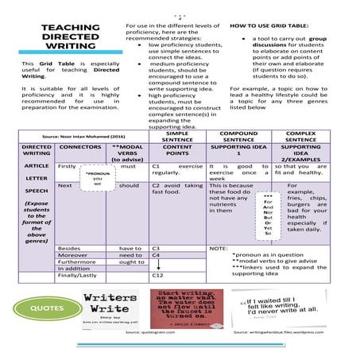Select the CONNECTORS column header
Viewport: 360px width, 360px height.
[x=80, y=148]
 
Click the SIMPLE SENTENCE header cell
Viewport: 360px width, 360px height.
[x=177, y=137]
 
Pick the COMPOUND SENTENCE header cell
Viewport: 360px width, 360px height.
[x=238, y=137]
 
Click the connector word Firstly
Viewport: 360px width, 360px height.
[x=68, y=166]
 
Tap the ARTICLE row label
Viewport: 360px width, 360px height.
[x=37, y=165]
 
